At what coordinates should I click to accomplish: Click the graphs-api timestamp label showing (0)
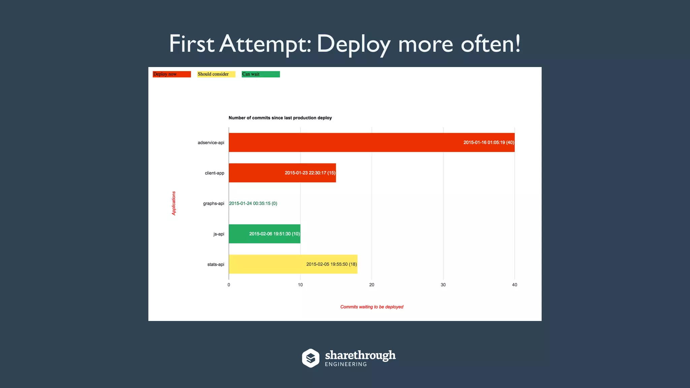(253, 203)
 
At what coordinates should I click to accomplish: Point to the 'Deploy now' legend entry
(171, 74)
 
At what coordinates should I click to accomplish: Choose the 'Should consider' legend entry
(216, 74)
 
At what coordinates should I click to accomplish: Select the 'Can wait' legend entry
(260, 74)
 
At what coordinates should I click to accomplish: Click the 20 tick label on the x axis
(372, 285)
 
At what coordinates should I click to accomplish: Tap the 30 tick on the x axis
(443, 285)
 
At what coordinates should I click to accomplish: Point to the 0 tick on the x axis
(229, 285)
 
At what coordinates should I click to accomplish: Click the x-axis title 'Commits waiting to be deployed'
(372, 307)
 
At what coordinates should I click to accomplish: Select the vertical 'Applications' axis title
(174, 203)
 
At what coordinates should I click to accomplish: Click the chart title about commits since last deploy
(280, 118)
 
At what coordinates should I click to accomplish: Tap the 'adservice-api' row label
(211, 143)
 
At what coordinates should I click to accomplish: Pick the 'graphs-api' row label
(214, 203)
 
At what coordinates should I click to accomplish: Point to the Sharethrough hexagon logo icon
(310, 358)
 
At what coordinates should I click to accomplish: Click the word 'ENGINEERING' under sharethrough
(346, 364)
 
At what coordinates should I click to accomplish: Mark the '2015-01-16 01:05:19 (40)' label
(489, 142)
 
